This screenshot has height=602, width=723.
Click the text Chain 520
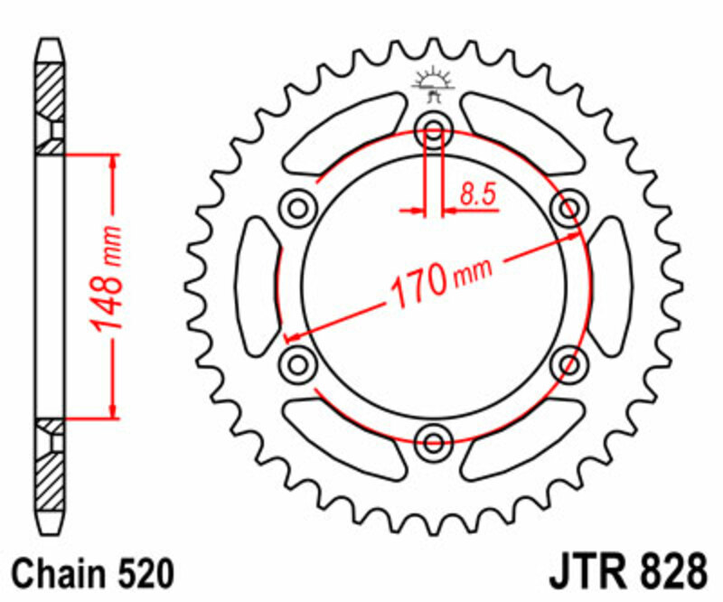tap(92, 573)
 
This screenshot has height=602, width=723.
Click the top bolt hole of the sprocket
tap(434, 132)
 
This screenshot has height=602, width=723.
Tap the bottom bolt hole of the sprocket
tap(434, 442)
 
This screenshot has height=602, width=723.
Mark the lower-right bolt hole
tap(569, 364)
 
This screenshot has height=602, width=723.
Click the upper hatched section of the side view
tap(51, 90)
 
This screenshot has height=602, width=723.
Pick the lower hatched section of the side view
tap(51, 484)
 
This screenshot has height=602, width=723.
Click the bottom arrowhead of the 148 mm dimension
tap(113, 412)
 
